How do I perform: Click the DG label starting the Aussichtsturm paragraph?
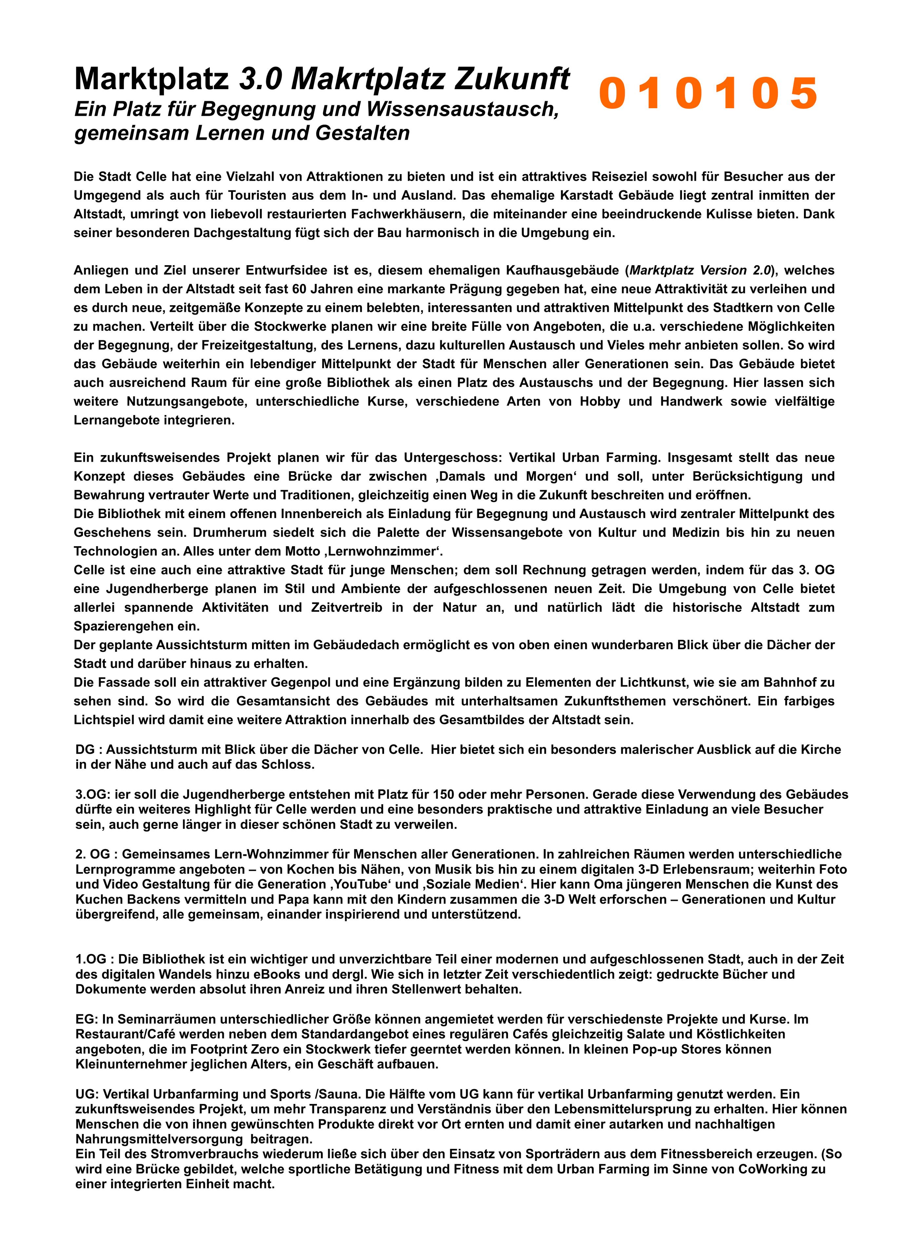85,749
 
